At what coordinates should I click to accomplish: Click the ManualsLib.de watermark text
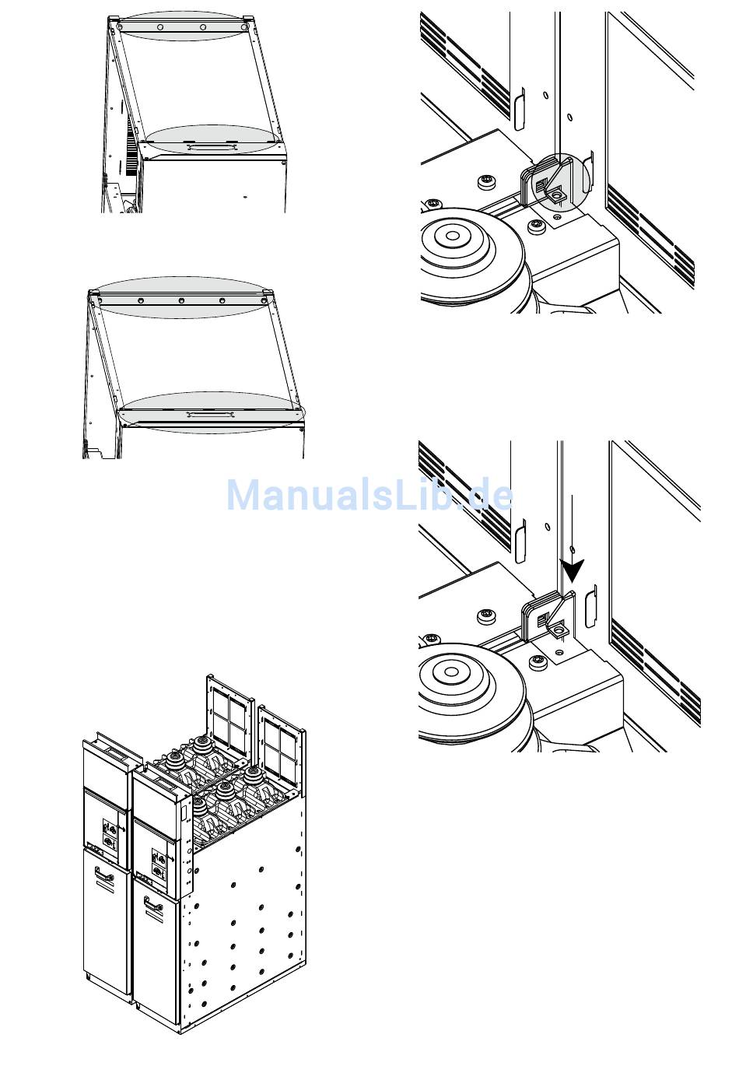tap(369, 495)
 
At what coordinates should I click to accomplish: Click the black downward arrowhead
tap(573, 571)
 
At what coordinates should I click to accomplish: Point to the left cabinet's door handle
tap(104, 875)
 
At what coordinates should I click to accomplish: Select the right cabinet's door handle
tap(154, 904)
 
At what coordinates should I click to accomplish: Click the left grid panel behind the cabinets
tap(229, 710)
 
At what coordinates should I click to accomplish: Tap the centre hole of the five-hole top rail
tap(181, 300)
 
